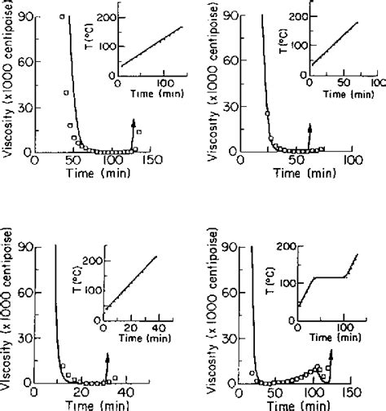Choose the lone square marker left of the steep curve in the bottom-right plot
click(x=253, y=373)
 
